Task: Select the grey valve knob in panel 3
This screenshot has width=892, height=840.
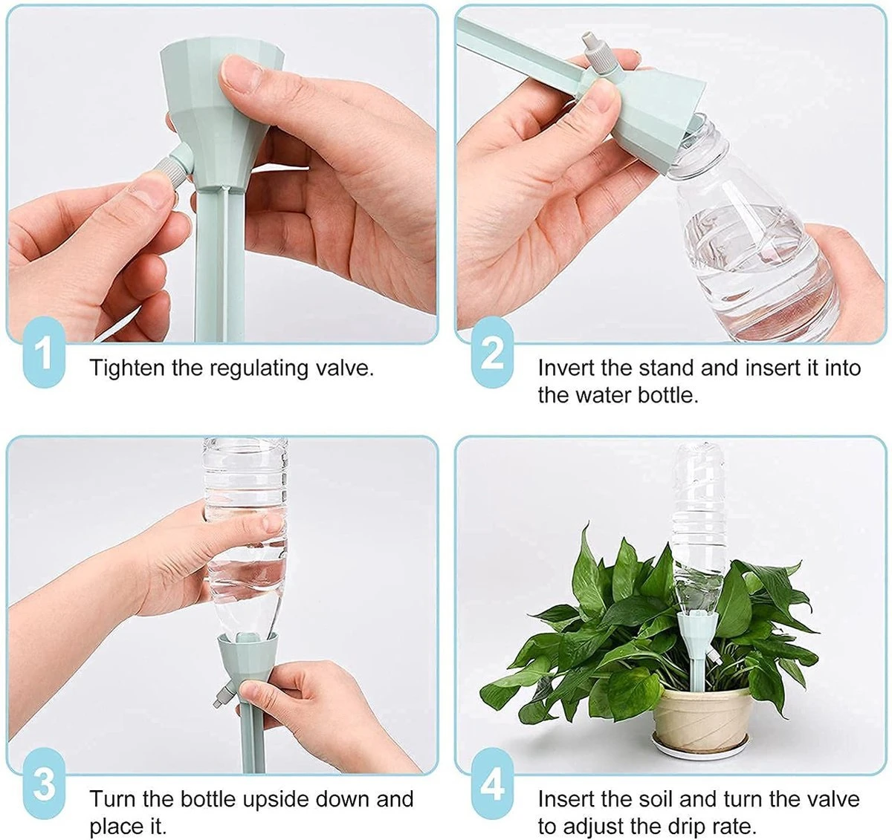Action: (x=217, y=699)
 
